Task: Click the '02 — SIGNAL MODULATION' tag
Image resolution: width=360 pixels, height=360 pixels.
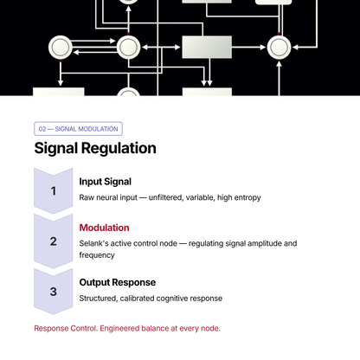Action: tap(78, 129)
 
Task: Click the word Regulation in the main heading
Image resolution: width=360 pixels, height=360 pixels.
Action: tap(119, 149)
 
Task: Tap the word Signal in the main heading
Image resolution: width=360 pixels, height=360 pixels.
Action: tap(56, 149)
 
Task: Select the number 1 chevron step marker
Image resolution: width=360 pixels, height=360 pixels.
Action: tap(54, 190)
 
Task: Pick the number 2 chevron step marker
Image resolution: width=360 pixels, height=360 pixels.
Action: tap(54, 241)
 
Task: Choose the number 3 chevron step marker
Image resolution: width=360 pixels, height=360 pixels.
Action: tap(54, 292)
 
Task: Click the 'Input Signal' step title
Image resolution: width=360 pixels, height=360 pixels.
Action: tap(106, 182)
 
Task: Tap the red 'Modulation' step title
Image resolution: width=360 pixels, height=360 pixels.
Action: tap(104, 228)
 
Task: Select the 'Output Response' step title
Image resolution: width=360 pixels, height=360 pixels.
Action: tap(118, 282)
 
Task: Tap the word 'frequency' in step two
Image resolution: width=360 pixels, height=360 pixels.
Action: tap(97, 255)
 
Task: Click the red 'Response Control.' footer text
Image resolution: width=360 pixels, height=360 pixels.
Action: tap(66, 328)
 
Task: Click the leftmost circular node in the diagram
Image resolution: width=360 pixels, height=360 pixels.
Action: tap(61, 48)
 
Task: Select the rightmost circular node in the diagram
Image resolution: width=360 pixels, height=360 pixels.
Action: tap(279, 48)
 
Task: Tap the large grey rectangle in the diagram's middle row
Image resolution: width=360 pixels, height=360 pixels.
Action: tap(207, 48)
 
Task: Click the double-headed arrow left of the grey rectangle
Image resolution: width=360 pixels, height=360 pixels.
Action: tap(161, 48)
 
